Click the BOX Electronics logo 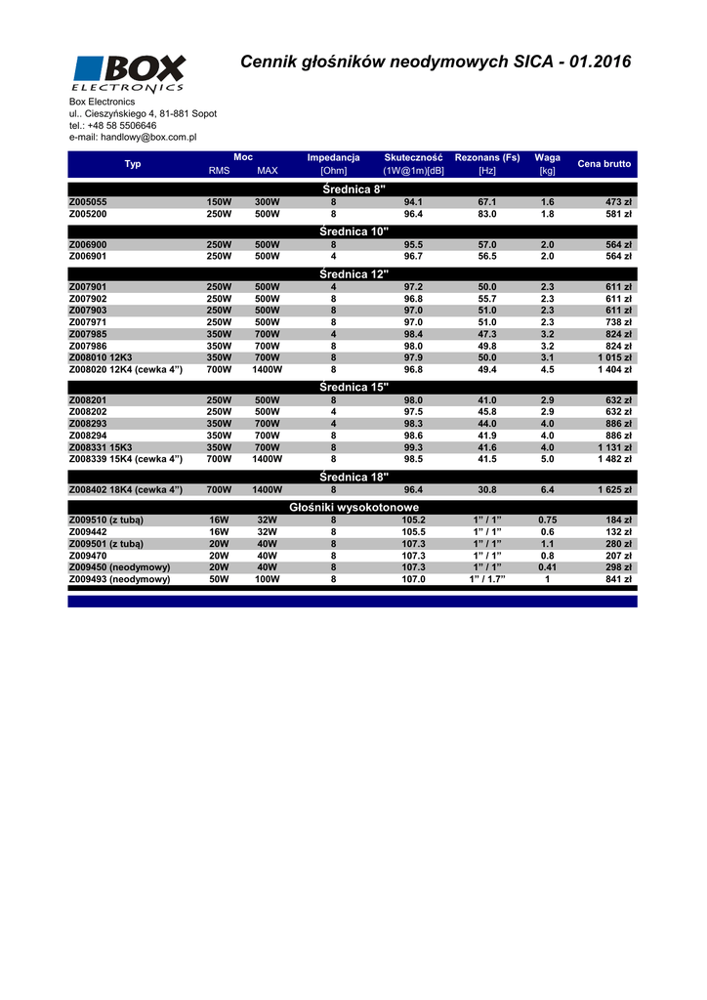[128, 74]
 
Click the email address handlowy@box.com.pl [133, 138]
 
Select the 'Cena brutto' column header [603, 164]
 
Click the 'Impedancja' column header [333, 157]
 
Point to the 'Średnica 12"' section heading [353, 274]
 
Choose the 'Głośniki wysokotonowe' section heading [353, 508]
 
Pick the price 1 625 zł [614, 490]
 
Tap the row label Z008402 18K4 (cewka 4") [126, 490]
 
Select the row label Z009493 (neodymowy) [119, 579]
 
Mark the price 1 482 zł [614, 459]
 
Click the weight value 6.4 [547, 490]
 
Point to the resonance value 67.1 [486, 202]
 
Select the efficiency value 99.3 [413, 447]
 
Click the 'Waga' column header [547, 157]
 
